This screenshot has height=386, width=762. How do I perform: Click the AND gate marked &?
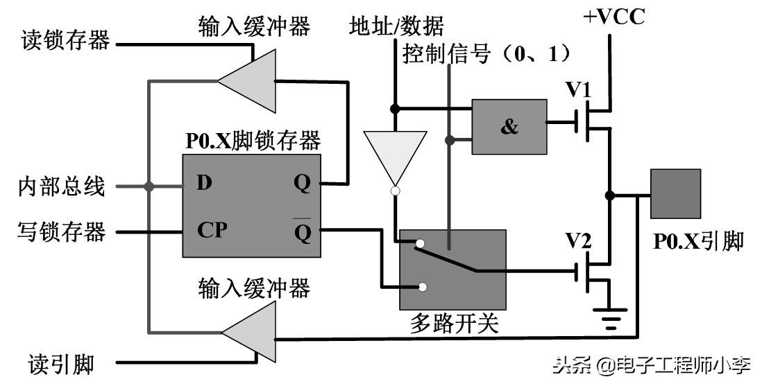tap(509, 126)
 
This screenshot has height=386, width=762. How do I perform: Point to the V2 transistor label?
tap(577, 240)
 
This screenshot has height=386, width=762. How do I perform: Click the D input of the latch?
tap(203, 184)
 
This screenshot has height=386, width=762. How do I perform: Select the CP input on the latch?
tap(212, 229)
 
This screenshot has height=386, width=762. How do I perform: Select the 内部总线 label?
tap(62, 186)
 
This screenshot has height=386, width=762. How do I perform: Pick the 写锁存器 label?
tap(62, 231)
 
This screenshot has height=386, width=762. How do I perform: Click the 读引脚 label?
tap(61, 363)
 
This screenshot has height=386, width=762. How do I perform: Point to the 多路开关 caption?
tap(455, 324)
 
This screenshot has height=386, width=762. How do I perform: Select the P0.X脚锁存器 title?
tap(253, 141)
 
